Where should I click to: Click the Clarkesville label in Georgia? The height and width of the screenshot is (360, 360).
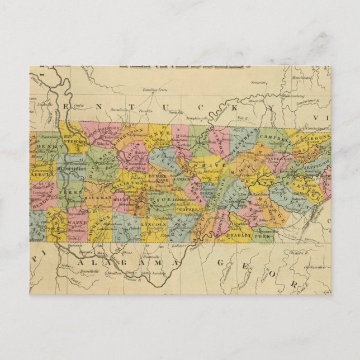click(x=309, y=266)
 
